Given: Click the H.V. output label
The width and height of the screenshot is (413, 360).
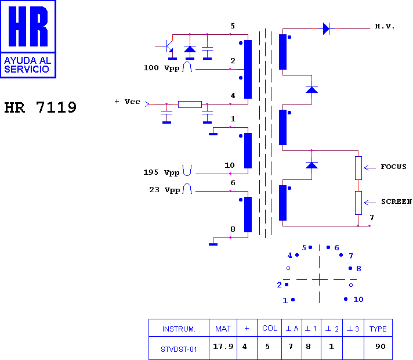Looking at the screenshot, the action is [385, 26].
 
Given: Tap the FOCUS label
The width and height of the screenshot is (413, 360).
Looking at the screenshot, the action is [393, 167].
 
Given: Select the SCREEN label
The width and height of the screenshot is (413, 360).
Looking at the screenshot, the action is [396, 201].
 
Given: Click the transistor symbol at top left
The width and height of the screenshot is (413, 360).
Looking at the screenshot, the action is [166, 46].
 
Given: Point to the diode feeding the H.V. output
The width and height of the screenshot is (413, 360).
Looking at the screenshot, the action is [327, 28].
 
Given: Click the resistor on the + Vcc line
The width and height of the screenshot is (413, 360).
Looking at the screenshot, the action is [190, 105].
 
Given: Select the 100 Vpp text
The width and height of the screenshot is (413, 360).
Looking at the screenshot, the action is [161, 68].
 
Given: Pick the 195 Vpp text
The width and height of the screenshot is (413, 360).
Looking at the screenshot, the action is [161, 172].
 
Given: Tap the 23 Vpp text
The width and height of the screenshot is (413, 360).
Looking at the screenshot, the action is [164, 190].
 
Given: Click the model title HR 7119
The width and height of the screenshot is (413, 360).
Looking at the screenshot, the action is [40, 107].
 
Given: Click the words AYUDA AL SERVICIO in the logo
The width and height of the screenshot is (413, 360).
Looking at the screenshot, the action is [27, 65].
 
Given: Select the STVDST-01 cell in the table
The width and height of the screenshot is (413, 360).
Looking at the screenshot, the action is [179, 350].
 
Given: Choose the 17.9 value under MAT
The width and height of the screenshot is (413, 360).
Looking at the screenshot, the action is [223, 346].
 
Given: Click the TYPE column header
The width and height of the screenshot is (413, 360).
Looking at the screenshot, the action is [378, 329].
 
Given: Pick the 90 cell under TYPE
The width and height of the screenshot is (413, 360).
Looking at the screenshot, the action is [381, 346].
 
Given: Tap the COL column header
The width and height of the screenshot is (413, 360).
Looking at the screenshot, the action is [270, 328].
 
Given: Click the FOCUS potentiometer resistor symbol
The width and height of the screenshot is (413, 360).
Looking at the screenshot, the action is [358, 168].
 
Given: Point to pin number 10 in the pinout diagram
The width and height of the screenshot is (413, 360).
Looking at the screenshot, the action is [358, 300].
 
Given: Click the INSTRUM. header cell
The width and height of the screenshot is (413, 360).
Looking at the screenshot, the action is [179, 329].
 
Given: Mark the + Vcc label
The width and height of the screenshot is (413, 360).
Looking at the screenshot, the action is [128, 102].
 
